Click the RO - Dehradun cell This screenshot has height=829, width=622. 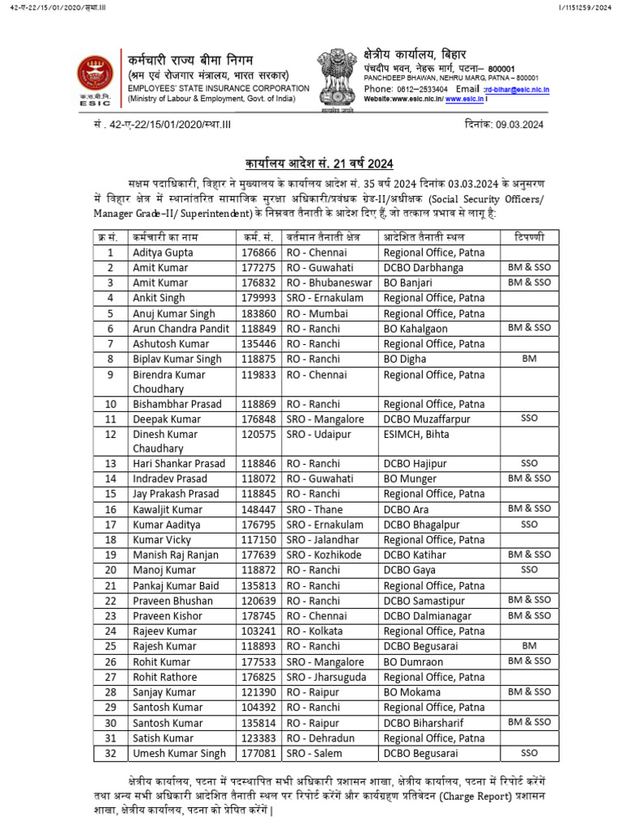(318, 738)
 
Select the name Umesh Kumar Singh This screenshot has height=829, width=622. (179, 753)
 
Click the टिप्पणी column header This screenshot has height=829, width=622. (529, 237)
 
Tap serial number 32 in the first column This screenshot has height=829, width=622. (110, 753)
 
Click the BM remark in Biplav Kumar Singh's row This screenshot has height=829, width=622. (529, 359)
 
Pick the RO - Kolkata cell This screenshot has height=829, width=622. (314, 631)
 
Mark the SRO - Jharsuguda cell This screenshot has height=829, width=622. (326, 677)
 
